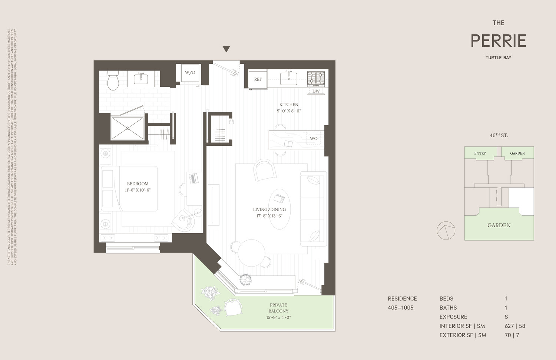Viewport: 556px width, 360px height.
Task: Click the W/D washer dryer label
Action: (x=190, y=72)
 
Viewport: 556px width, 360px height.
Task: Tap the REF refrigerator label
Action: (x=258, y=79)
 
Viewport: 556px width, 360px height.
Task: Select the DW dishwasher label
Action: (x=316, y=91)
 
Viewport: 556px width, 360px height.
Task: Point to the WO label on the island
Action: (x=314, y=138)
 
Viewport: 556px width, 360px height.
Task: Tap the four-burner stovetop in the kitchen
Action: (x=316, y=79)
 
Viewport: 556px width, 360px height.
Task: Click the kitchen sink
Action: (x=288, y=78)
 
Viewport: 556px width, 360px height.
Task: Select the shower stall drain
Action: (x=128, y=128)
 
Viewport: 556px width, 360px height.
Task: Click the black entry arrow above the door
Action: (x=226, y=49)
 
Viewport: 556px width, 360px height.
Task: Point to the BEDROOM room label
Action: (x=138, y=184)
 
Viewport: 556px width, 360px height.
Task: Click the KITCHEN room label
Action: (x=289, y=105)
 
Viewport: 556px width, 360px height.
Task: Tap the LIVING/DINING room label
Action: (x=269, y=209)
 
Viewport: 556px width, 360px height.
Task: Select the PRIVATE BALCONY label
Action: (x=278, y=308)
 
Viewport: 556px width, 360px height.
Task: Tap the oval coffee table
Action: (x=280, y=209)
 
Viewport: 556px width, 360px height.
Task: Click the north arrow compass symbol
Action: (x=446, y=231)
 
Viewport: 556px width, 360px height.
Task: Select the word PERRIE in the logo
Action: (x=498, y=41)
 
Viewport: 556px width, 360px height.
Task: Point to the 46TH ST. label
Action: (x=499, y=135)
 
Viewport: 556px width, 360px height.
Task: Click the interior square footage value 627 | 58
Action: (x=515, y=326)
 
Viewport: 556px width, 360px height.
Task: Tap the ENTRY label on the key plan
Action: (x=480, y=153)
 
